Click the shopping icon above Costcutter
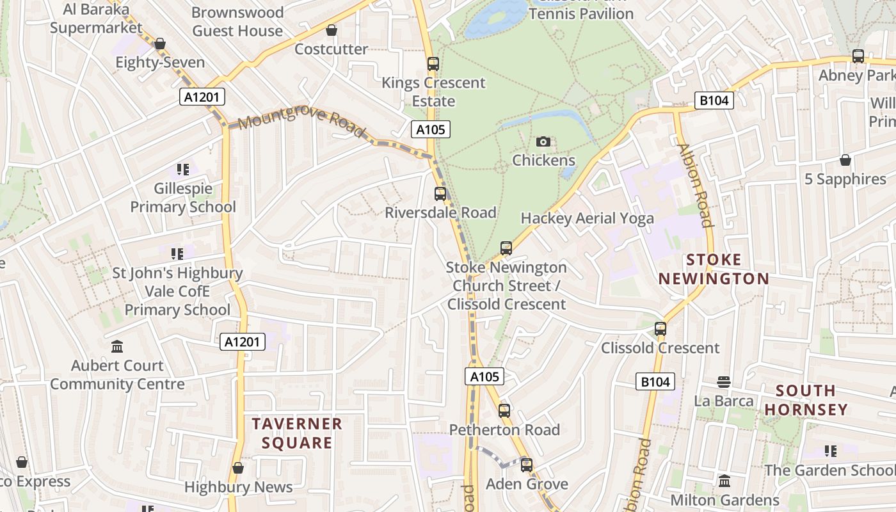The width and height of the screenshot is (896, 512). [x=332, y=30]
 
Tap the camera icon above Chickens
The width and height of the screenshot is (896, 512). [x=543, y=141]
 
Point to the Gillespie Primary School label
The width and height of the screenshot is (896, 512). [x=183, y=198]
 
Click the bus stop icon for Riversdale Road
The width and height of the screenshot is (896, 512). [x=440, y=193]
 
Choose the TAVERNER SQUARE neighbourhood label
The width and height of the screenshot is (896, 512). [x=297, y=433]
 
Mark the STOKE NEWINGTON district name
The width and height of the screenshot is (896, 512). [x=714, y=269]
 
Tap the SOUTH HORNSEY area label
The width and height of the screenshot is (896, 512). [x=806, y=400]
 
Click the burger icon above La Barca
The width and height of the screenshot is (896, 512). [x=724, y=382]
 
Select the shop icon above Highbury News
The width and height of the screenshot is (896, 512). [x=238, y=468]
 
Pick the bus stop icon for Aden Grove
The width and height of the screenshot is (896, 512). [x=527, y=465]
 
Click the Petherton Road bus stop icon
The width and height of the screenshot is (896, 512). [x=504, y=411]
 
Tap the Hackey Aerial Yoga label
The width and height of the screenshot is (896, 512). [x=587, y=218]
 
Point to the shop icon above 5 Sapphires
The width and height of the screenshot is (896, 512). [x=845, y=160]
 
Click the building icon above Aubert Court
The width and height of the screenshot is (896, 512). [x=117, y=347]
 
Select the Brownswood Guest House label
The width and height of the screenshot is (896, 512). [x=237, y=21]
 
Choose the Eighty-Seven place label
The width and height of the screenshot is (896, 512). [x=160, y=62]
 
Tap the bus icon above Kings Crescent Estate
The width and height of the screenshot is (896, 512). [x=433, y=64]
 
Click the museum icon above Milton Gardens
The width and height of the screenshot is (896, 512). [x=724, y=481]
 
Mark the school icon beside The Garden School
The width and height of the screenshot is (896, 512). [x=831, y=451]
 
